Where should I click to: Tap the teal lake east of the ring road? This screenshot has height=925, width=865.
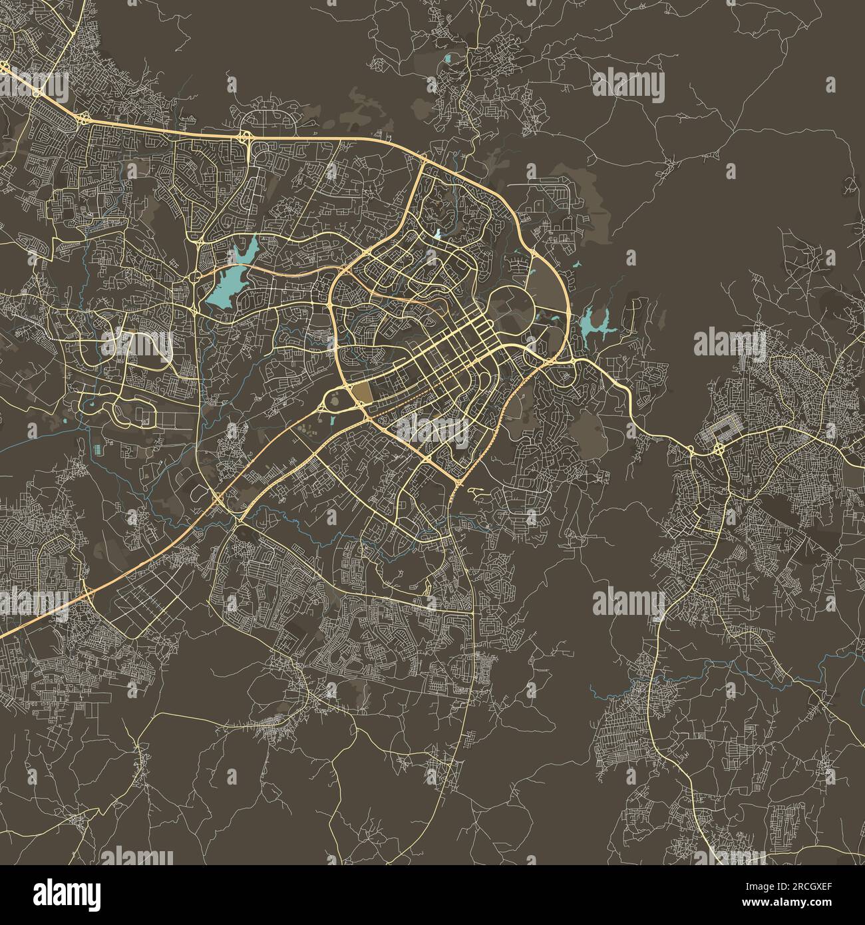tap(590, 324)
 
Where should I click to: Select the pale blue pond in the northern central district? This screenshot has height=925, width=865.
tap(438, 234)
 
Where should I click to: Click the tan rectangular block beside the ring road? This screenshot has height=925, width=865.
tap(362, 393)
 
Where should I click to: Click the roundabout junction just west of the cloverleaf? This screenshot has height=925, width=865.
tap(693, 452)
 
